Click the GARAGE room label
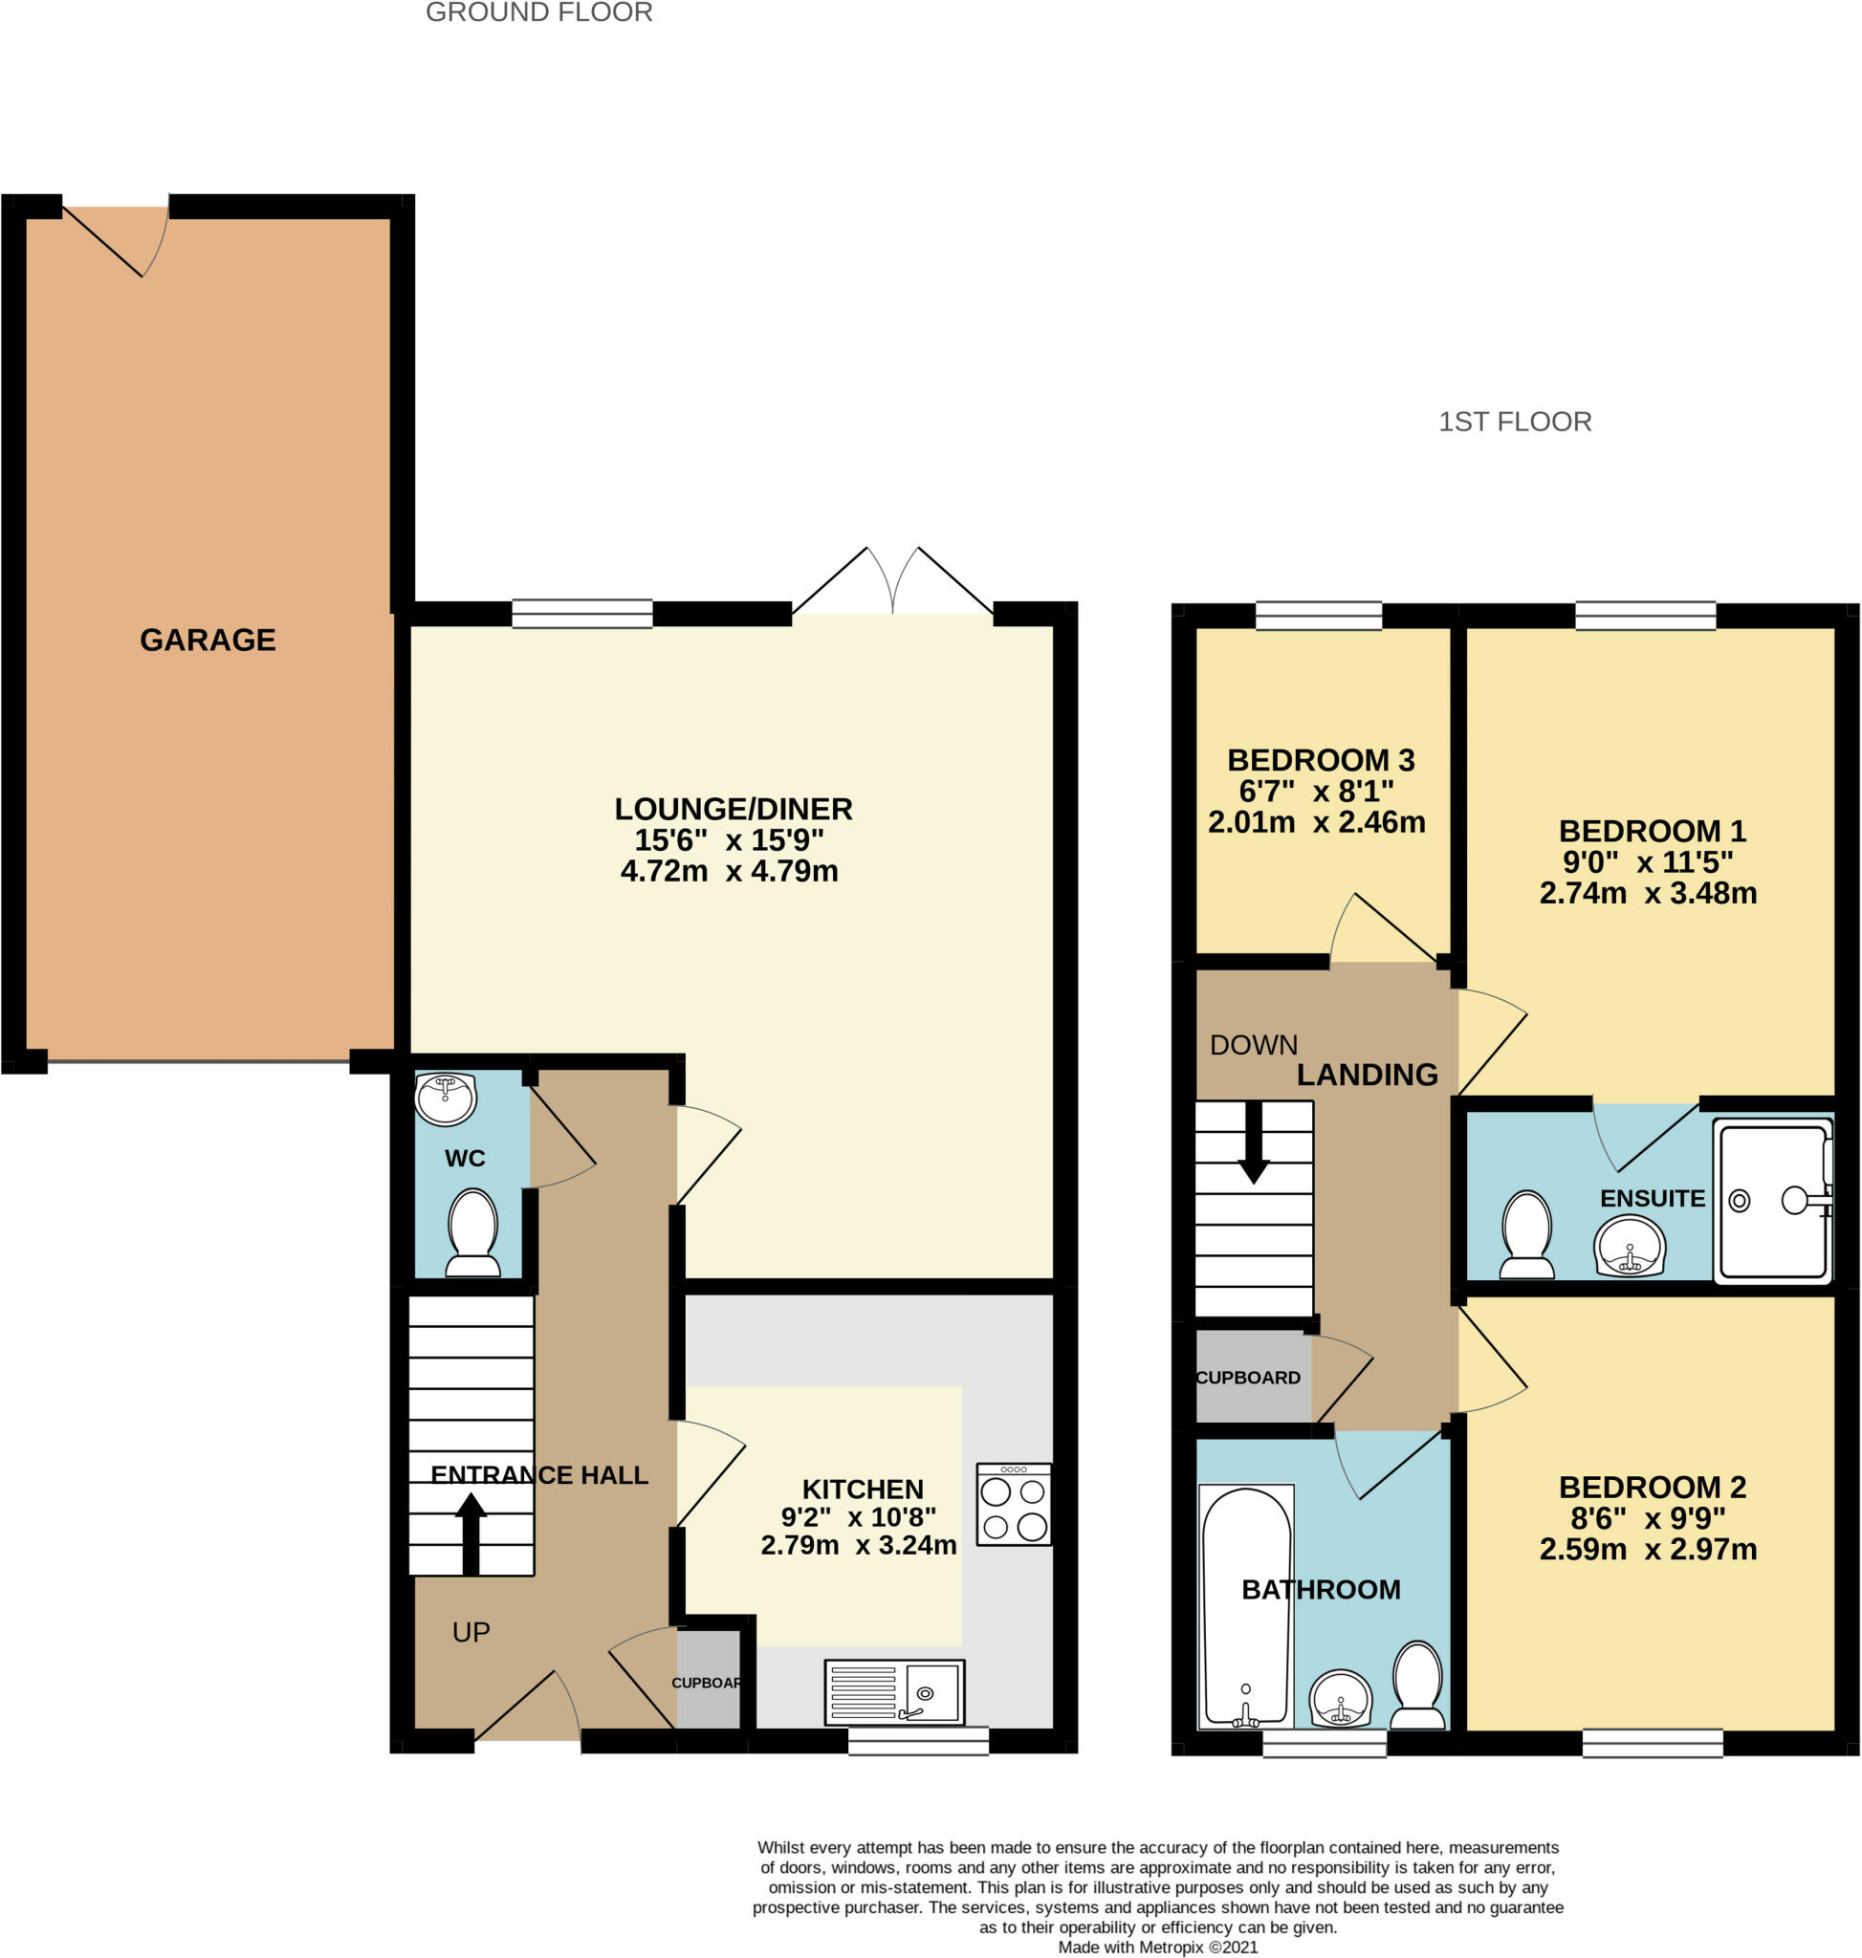[208, 641]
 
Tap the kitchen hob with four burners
[1014, 1504]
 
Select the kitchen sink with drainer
[894, 1692]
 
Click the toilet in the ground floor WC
[473, 1233]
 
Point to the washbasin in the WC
[446, 1098]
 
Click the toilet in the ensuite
[1527, 1234]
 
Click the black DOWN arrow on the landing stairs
[1254, 1142]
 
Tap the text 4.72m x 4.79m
[730, 871]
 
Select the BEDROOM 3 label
[1320, 760]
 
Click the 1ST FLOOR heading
[1515, 422]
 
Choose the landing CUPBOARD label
[1248, 1378]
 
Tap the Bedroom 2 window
[1653, 1743]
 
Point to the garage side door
[114, 238]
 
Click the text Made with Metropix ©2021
[1157, 1947]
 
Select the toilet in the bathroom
[1417, 1686]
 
